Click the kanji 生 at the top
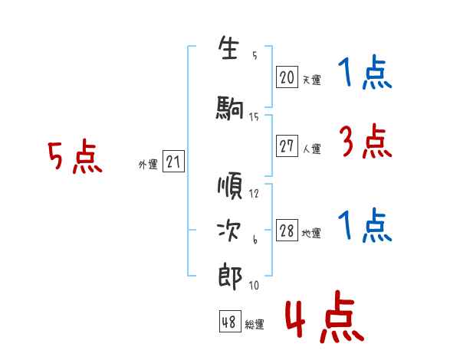[228, 47]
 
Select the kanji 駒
[230, 108]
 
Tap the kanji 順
[230, 185]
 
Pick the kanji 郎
[230, 277]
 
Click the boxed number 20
[287, 77]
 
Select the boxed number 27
[287, 146]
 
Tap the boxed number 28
[287, 231]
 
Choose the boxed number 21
[173, 162]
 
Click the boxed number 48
[230, 322]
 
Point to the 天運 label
[312, 80]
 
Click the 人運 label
[312, 149]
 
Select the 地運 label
[311, 233]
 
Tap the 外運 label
[148, 165]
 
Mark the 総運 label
[255, 324]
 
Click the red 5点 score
[75, 156]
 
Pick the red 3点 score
[365, 141]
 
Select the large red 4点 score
[325, 316]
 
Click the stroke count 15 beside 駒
[254, 117]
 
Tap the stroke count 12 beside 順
[254, 194]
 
